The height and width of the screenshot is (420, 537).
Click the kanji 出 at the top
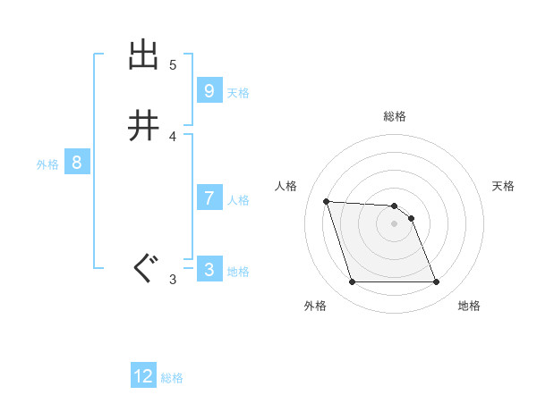tap(144, 55)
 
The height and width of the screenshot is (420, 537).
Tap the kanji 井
tap(144, 126)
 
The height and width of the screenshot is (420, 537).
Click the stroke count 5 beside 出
tap(173, 65)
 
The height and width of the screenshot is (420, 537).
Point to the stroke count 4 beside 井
tap(173, 137)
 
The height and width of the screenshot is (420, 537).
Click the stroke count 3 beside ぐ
tap(173, 280)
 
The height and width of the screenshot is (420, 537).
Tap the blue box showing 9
tap(209, 90)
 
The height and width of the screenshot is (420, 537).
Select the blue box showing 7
tap(209, 197)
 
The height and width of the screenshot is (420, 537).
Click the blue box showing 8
tap(77, 163)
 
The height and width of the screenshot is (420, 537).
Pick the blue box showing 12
tap(143, 376)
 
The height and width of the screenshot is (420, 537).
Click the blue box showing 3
tap(209, 269)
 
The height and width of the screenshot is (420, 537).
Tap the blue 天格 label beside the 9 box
tap(238, 93)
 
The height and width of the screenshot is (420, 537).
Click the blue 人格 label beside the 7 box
tap(238, 200)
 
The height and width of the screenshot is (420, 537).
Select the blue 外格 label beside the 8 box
tap(47, 164)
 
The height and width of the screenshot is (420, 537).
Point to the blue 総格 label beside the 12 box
tap(172, 378)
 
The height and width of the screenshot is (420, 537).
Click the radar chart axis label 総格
tap(395, 116)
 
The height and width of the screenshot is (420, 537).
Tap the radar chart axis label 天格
tap(504, 186)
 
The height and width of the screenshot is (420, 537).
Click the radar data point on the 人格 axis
tap(327, 201)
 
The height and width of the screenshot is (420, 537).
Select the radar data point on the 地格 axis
tap(436, 282)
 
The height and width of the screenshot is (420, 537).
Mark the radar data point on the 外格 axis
tap(352, 282)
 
